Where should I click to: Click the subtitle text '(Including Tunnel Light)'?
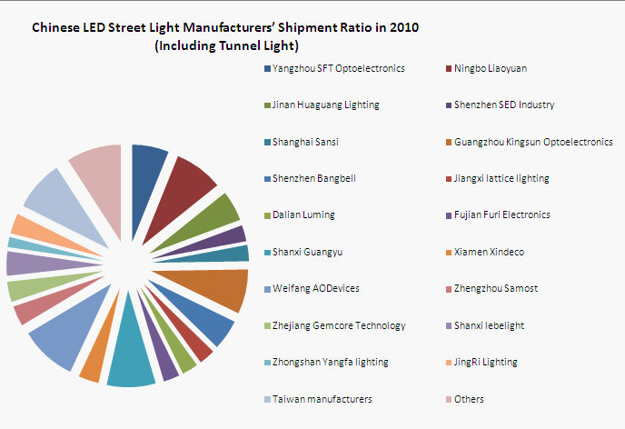pyautogui.click(x=226, y=45)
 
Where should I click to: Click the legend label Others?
pyautogui.click(x=469, y=399)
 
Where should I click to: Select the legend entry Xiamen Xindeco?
pyautogui.click(x=489, y=252)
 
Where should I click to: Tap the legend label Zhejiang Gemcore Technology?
pyautogui.click(x=339, y=325)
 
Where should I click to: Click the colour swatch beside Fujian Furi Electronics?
pyautogui.click(x=448, y=215)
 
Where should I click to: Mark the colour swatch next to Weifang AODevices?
pyautogui.click(x=266, y=289)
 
